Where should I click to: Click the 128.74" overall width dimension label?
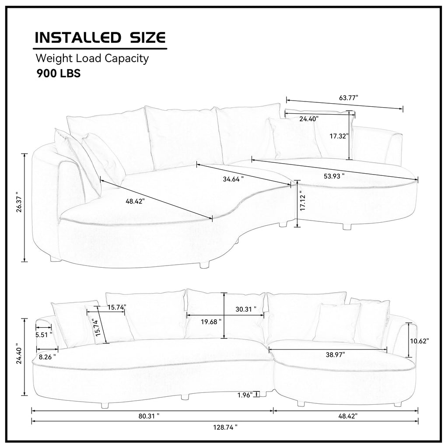(x=225, y=427)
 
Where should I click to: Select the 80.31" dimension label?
(x=149, y=416)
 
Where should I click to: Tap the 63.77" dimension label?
(x=349, y=98)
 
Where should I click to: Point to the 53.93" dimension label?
(x=334, y=176)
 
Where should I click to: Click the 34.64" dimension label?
(x=233, y=179)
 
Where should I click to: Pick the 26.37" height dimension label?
(x=19, y=202)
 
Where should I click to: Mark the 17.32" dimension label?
(x=339, y=136)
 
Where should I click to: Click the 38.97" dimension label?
(x=336, y=354)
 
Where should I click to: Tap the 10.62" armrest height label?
(x=420, y=341)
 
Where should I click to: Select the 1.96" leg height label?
(x=245, y=395)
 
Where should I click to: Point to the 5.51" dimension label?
(x=44, y=335)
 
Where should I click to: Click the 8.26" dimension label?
(x=47, y=357)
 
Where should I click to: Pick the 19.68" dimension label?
(x=211, y=322)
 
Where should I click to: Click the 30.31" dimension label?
(x=246, y=309)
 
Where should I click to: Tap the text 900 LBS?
(x=59, y=73)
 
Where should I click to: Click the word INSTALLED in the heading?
(x=78, y=38)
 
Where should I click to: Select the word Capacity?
(x=126, y=59)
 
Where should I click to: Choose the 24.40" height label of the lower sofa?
(x=19, y=353)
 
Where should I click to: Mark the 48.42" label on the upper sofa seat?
(x=135, y=201)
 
